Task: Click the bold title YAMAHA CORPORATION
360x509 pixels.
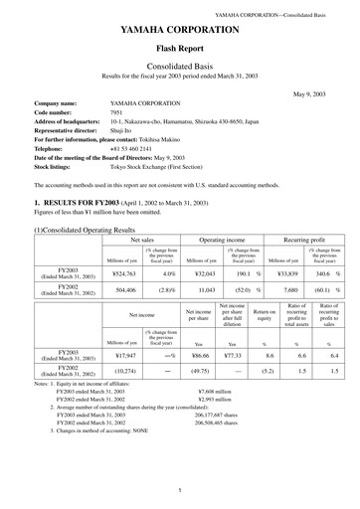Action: pos(179,30)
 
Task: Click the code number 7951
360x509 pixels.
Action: pos(116,112)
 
